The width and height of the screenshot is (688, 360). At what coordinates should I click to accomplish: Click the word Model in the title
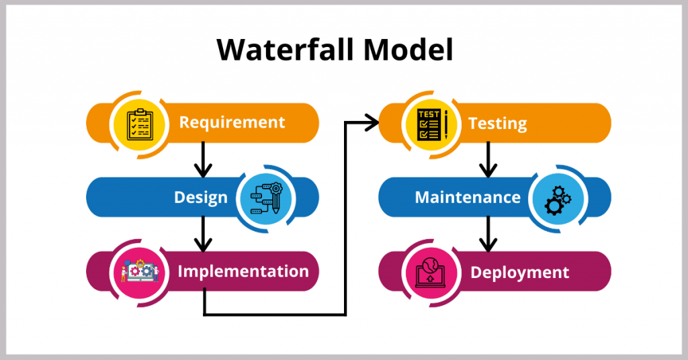coord(409,50)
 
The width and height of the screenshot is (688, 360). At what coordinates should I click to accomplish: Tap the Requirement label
coord(232,122)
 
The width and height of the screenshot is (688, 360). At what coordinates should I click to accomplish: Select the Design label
coord(200,197)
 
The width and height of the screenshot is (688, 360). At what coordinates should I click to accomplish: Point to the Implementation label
coord(243,271)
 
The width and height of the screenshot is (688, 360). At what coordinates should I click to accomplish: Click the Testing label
coord(497,124)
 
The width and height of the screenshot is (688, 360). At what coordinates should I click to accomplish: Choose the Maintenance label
coord(467,197)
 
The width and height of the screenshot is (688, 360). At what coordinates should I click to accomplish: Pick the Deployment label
coord(519,272)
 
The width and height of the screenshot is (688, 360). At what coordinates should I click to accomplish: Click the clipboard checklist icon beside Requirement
coord(140,124)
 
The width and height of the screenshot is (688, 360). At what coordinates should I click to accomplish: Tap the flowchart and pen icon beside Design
coord(266,197)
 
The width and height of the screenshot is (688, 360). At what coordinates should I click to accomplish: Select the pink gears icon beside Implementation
coord(140,271)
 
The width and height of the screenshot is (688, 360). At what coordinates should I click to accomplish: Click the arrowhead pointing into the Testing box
coord(372,122)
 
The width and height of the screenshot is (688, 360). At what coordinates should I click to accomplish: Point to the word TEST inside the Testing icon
coord(429,115)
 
